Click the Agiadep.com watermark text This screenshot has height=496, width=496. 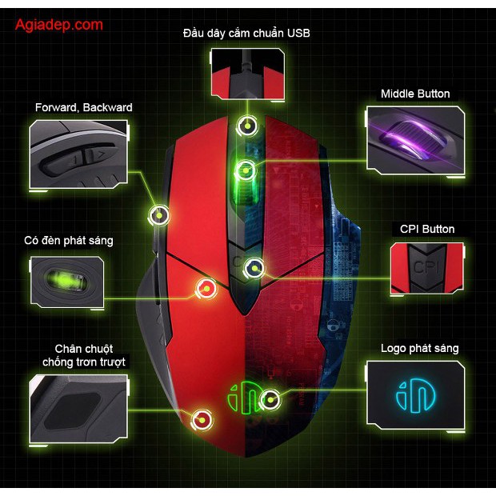click(59, 25)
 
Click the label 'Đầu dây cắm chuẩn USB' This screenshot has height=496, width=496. click(246, 33)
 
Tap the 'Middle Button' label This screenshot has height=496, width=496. click(415, 94)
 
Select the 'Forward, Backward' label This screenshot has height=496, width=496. click(84, 107)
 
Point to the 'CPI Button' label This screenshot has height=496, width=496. click(427, 229)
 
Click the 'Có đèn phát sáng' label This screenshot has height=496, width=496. click(69, 240)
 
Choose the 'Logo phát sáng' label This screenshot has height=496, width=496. click(420, 348)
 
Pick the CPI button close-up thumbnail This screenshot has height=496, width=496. click(426, 268)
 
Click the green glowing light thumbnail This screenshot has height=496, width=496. click(67, 282)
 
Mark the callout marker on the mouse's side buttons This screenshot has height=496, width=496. click(159, 214)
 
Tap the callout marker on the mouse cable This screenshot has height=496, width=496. click(249, 126)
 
